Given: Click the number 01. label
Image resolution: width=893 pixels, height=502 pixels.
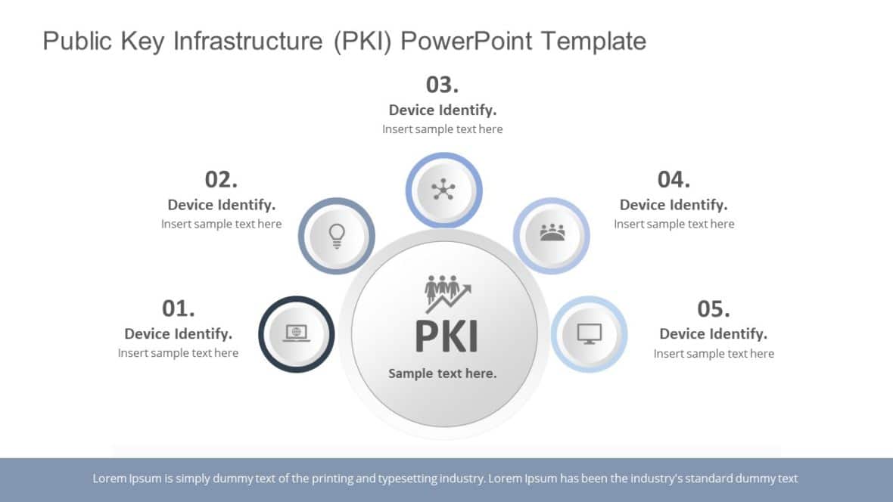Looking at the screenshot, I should point(179,308).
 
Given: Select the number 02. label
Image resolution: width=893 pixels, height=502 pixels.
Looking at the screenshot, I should point(221,179).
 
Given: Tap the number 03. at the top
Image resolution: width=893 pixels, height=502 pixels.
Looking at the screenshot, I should point(442,84).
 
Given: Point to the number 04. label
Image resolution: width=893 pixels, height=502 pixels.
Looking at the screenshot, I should point(674,179).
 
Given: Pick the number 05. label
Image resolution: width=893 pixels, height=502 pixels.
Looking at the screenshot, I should point(713,308).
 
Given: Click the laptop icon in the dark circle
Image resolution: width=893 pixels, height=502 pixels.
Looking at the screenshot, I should point(297,333).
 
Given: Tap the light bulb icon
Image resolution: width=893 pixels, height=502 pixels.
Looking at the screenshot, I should point(337,235).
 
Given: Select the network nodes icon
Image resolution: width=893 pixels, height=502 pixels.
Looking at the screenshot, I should point(443,189).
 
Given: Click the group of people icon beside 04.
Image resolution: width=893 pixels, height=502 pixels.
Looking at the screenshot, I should point(552,233).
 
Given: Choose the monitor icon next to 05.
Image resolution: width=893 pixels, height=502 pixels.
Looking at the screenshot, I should point(589,333).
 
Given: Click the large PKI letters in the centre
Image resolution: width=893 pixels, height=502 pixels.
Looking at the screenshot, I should point(446,336).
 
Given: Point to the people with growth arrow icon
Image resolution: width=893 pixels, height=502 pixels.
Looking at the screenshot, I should point(447,293).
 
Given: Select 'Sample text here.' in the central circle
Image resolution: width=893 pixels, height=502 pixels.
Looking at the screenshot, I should point(443,373).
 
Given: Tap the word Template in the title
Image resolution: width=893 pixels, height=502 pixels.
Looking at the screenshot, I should point(593,41).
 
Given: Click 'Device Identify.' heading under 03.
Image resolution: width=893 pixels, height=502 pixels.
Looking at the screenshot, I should point(443,110).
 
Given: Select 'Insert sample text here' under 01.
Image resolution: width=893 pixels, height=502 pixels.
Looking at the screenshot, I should point(178,353).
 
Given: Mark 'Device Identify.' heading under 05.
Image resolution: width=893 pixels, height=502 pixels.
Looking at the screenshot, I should point(713,333).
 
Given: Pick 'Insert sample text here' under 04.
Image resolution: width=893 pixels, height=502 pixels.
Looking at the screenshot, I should point(674,224).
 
